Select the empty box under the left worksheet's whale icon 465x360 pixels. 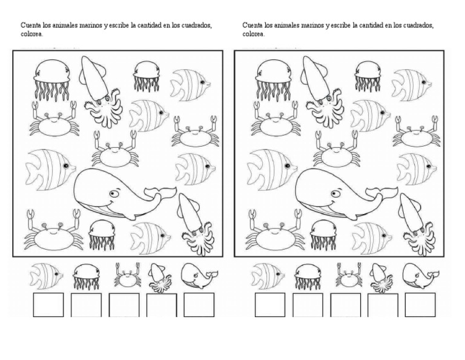(199, 305)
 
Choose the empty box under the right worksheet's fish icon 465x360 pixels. (269, 305)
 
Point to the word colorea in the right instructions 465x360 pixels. (253, 35)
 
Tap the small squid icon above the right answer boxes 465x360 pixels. (381, 276)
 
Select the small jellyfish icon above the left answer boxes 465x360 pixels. (85, 277)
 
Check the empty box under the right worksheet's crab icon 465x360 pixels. (345, 305)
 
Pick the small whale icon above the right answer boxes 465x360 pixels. (420, 276)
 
